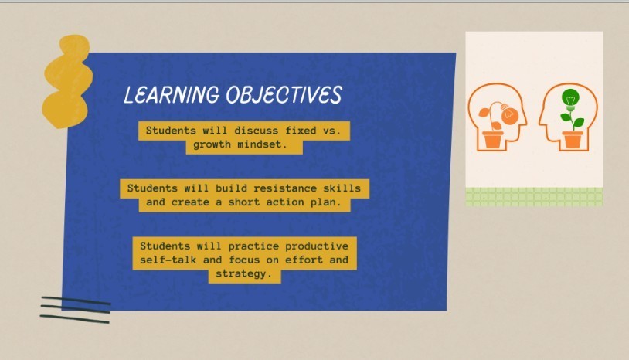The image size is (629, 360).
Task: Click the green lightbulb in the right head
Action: point(570,98)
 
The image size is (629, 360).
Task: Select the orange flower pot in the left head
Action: point(492,140)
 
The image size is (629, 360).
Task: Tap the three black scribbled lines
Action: point(75,308)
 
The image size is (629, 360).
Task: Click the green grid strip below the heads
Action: point(534,197)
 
